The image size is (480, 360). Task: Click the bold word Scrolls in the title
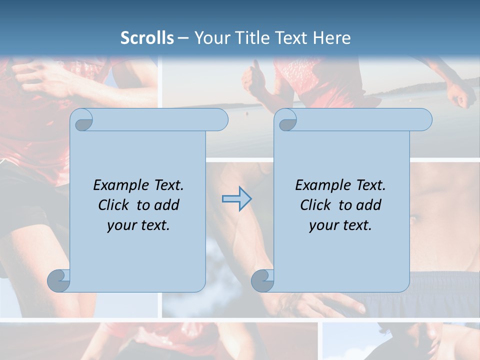pyautogui.click(x=147, y=38)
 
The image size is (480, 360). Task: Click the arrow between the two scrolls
pyautogui.click(x=236, y=199)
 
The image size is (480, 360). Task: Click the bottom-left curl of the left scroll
pyautogui.click(x=59, y=280)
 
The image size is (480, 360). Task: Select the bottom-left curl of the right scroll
pyautogui.click(x=263, y=280)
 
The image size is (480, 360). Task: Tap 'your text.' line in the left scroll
pyautogui.click(x=138, y=225)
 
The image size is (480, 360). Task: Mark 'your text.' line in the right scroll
pyautogui.click(x=340, y=225)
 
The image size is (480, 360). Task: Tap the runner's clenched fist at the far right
pyautogui.click(x=459, y=95)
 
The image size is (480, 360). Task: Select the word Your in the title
pyautogui.click(x=209, y=38)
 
